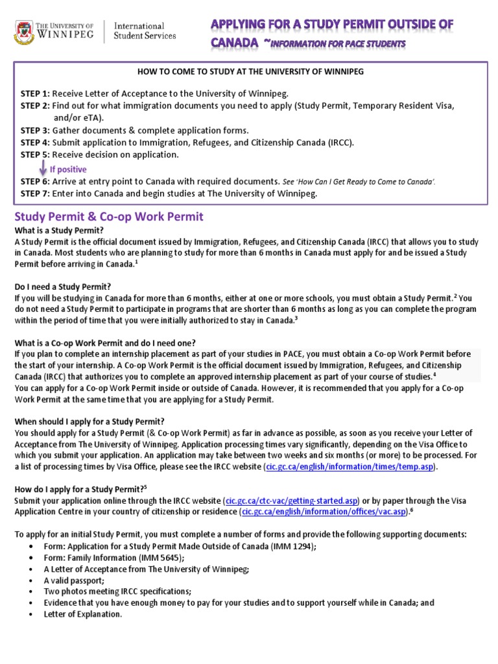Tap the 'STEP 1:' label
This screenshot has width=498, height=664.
click(x=35, y=93)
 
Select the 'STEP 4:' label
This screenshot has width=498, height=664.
click(x=35, y=143)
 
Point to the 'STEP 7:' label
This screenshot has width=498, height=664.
click(x=35, y=194)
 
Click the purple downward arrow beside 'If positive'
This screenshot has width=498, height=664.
click(x=43, y=168)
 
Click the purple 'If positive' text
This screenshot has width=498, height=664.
click(x=68, y=169)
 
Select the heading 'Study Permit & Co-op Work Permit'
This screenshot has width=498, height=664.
click(x=108, y=217)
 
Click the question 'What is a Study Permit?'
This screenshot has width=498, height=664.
click(x=59, y=230)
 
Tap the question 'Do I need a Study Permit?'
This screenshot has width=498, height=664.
click(x=63, y=286)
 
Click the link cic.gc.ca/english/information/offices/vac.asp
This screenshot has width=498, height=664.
click(x=324, y=512)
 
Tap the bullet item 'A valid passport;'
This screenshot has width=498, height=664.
click(x=74, y=580)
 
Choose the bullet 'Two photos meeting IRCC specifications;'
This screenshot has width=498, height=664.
click(x=117, y=591)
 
